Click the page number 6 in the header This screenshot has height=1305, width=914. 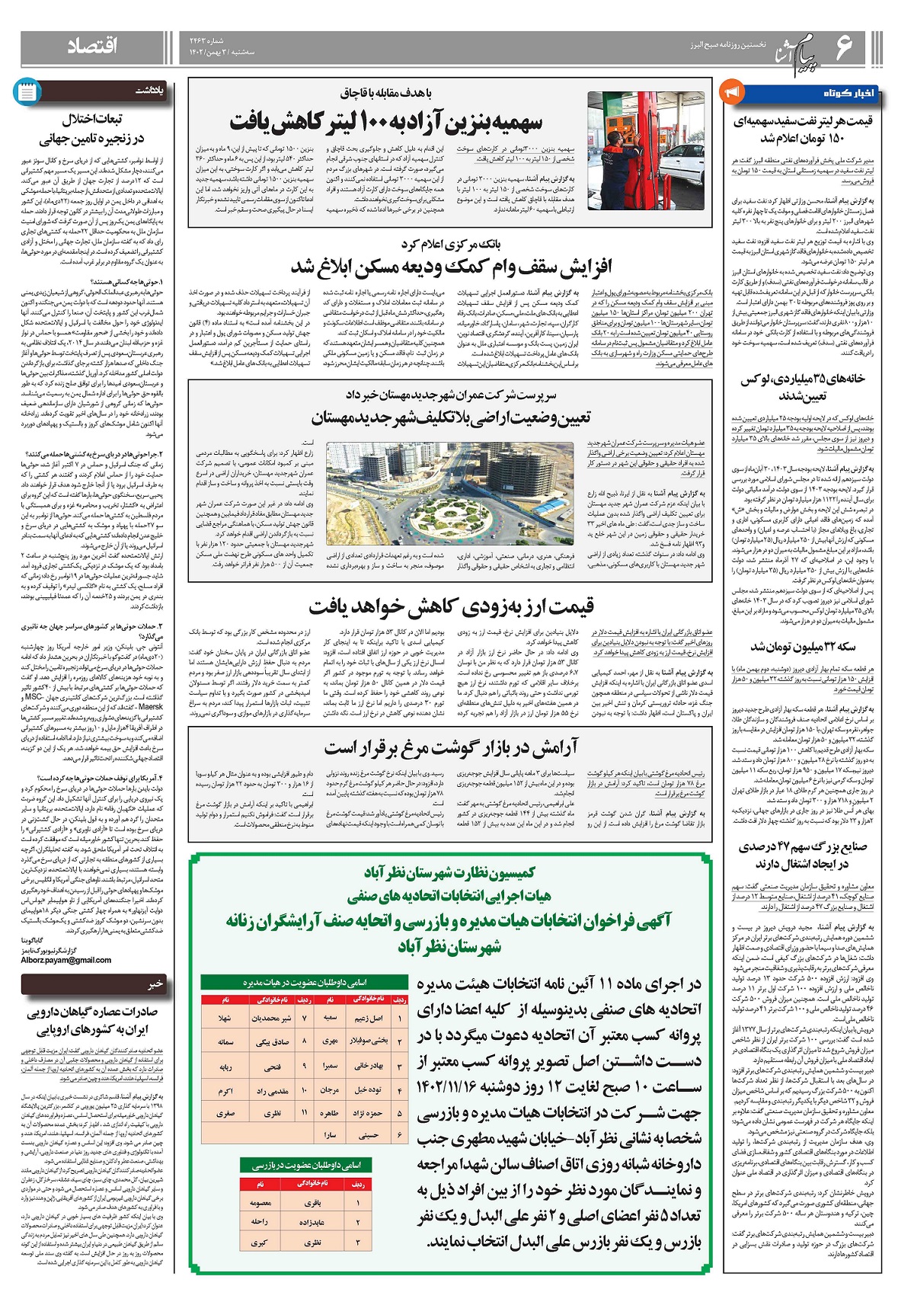click(x=845, y=47)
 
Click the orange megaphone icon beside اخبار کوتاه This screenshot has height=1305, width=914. click(x=731, y=92)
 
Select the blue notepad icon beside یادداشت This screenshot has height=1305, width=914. click(x=27, y=92)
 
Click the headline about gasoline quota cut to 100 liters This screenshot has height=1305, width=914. click(x=387, y=122)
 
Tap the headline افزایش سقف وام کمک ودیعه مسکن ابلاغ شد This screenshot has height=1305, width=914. click(x=451, y=267)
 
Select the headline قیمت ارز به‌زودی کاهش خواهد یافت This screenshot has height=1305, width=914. click(x=451, y=607)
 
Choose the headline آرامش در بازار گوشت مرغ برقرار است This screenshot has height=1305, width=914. click(x=451, y=747)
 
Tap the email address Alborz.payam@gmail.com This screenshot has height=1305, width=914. click(x=67, y=960)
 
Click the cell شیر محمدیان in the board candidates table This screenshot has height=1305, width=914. click(x=271, y=1018)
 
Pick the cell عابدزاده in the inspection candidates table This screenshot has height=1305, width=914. click(x=313, y=1221)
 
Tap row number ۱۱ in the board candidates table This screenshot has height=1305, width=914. click(x=304, y=1113)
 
